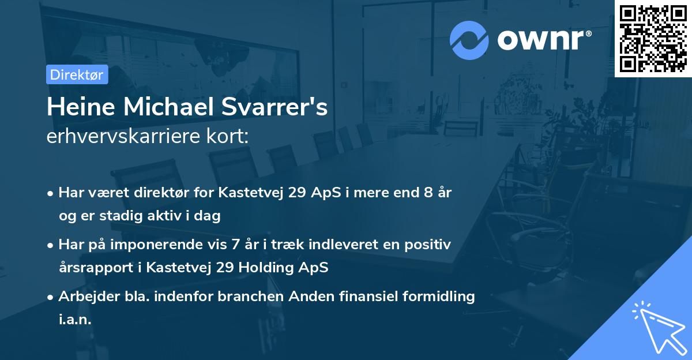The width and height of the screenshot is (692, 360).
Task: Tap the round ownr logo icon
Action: (469, 40)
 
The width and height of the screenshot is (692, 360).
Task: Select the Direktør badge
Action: (77, 74)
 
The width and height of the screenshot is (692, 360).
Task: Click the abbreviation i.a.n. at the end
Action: (75, 320)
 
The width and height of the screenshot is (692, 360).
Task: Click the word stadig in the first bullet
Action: (125, 216)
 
